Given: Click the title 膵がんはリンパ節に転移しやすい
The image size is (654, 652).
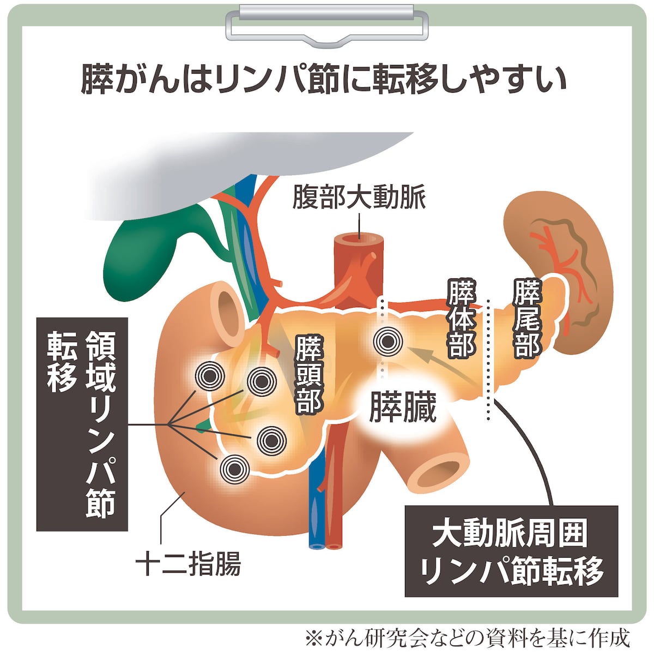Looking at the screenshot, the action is (323, 81).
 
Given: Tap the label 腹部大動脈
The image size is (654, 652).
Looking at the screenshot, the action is (359, 198).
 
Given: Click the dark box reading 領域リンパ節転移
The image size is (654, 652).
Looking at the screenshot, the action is (82, 424).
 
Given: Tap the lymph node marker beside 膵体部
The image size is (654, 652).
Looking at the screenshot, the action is (387, 342).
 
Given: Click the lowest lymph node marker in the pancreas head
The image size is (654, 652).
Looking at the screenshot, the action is (234, 469).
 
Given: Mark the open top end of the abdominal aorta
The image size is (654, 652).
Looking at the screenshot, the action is (359, 239).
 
